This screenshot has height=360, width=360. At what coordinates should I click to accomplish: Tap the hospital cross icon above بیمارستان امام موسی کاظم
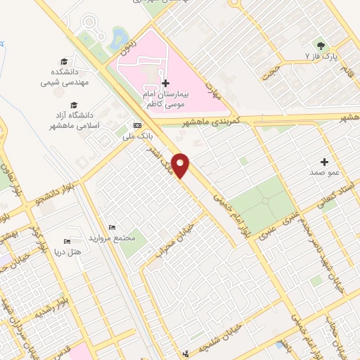pos(165,83)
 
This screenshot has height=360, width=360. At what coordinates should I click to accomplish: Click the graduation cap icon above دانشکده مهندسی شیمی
pos(65,62)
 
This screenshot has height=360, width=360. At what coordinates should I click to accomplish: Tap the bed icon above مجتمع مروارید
pos(112,227)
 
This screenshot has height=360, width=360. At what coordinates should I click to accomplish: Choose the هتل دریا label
pos(67,251)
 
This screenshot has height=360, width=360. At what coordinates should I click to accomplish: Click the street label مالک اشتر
pos(161,160)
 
